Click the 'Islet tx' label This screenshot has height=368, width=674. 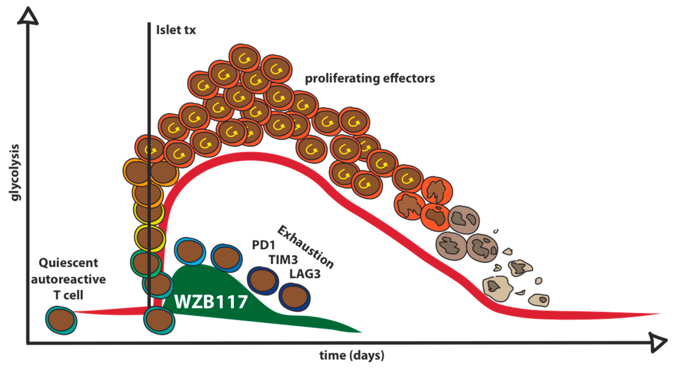point(176,30)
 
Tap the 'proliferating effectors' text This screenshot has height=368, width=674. point(370,78)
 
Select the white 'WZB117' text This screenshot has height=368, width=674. point(211,302)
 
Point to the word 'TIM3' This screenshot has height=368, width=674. point(283,260)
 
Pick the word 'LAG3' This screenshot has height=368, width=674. point(305,274)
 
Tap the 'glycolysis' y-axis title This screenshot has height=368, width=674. point(15,173)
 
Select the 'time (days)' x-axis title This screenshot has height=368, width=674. point(352,355)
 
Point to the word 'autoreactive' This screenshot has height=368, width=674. point(68,279)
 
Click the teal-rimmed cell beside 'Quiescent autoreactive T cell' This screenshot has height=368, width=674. point(61,321)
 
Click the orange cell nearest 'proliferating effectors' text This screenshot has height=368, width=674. point(276,69)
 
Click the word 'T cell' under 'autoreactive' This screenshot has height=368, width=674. point(68,295)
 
